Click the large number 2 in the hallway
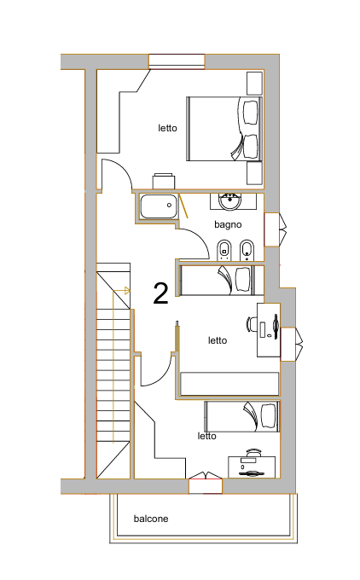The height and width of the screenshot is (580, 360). (161, 293)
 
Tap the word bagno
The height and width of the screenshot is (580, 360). (228, 225)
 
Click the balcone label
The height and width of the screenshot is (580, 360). (151, 519)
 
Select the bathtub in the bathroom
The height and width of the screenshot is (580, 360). (159, 206)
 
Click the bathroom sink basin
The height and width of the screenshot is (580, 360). (230, 201)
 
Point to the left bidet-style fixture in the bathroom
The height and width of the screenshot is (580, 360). (224, 250)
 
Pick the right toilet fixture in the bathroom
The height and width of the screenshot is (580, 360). (247, 250)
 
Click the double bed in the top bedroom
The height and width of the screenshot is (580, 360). (224, 129)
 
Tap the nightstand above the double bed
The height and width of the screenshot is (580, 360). (254, 84)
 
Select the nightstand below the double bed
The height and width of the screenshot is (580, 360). (254, 173)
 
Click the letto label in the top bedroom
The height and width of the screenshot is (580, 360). (167, 128)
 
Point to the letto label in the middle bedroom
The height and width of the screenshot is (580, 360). (218, 340)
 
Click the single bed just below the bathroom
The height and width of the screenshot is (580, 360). (222, 281)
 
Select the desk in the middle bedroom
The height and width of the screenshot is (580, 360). (269, 330)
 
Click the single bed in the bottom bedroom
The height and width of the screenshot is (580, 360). (242, 416)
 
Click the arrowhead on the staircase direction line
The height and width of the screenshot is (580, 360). (127, 291)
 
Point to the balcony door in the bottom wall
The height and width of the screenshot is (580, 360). (206, 483)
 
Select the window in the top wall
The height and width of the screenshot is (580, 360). (177, 61)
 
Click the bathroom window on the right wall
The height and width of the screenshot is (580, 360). (276, 229)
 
